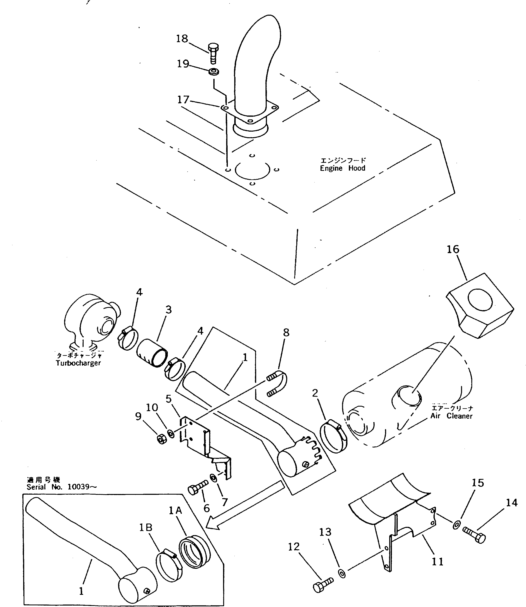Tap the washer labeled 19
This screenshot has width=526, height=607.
[214, 71]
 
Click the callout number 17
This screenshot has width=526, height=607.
[183, 100]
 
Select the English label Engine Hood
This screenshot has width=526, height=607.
[342, 168]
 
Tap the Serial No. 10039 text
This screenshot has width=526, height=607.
[61, 487]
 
